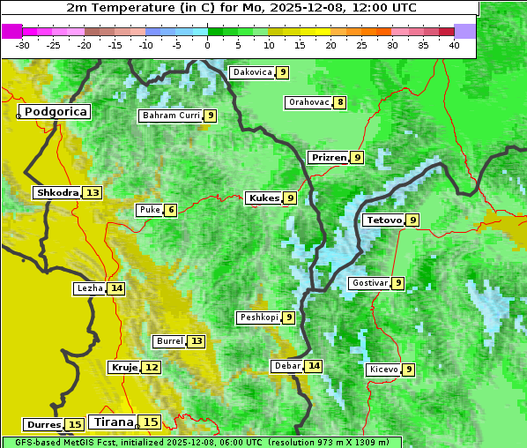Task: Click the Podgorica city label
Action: pyautogui.click(x=55, y=112)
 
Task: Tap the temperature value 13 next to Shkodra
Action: pyautogui.click(x=93, y=192)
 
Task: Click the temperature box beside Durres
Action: pyautogui.click(x=75, y=425)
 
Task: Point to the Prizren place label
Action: pyautogui.click(x=329, y=158)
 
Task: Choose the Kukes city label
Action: pyautogui.click(x=263, y=198)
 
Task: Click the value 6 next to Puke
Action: pyautogui.click(x=170, y=210)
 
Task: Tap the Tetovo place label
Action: pyautogui.click(x=382, y=220)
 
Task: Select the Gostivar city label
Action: pyautogui.click(x=369, y=283)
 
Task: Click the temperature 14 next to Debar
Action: pyautogui.click(x=314, y=366)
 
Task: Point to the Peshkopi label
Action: pyautogui.click(x=258, y=317)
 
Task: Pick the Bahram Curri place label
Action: pyautogui.click(x=171, y=116)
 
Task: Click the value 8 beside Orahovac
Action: pyautogui.click(x=340, y=102)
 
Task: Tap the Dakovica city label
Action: pyautogui.click(x=251, y=72)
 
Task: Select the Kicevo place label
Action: pyautogui.click(x=384, y=370)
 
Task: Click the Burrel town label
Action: pyautogui.click(x=169, y=341)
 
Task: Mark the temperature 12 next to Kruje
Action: pyautogui.click(x=152, y=367)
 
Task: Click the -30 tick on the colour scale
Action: pyautogui.click(x=23, y=44)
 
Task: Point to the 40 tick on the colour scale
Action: pyautogui.click(x=454, y=44)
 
